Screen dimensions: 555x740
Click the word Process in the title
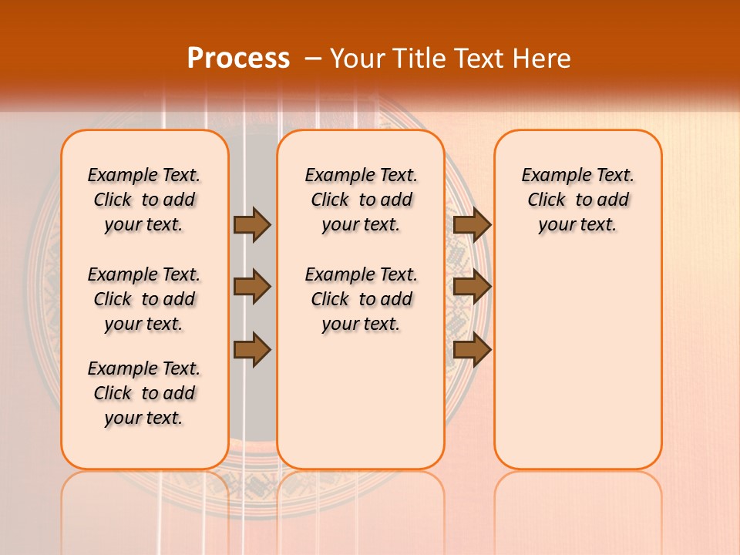click(x=238, y=58)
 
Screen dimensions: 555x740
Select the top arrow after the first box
click(x=252, y=224)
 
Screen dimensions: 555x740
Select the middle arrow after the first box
click(x=252, y=287)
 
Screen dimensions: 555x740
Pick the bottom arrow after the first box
click(x=252, y=350)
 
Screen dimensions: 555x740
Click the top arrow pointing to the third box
click(x=472, y=224)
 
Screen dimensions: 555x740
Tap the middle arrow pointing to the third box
click(x=472, y=287)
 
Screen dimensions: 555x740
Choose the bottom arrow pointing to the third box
click(x=472, y=350)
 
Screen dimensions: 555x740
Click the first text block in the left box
click(x=144, y=200)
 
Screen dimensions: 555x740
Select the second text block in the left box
click(x=144, y=299)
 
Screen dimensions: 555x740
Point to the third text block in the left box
click(x=144, y=393)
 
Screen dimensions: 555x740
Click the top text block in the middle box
click(x=361, y=200)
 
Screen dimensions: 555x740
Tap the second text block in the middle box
click(x=361, y=299)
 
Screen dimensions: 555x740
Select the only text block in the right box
click(x=578, y=200)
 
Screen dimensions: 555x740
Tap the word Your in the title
click(x=357, y=58)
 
